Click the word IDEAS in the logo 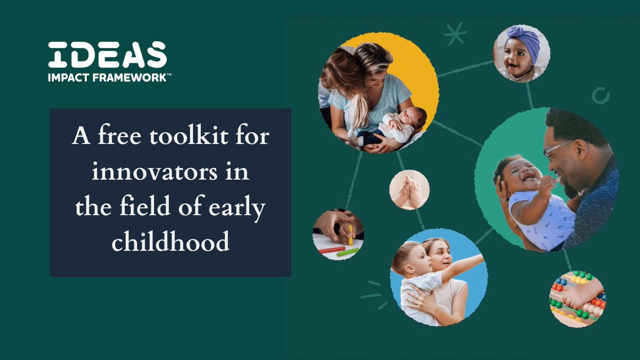pyautogui.click(x=107, y=55)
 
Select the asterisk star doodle pyautogui.click(x=455, y=33)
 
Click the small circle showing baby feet pyautogui.click(x=409, y=190)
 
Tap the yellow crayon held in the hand pyautogui.click(x=350, y=235)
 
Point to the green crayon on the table pyautogui.click(x=348, y=251)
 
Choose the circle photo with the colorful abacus pyautogui.click(x=577, y=298)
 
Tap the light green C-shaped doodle pyautogui.click(x=601, y=95)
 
